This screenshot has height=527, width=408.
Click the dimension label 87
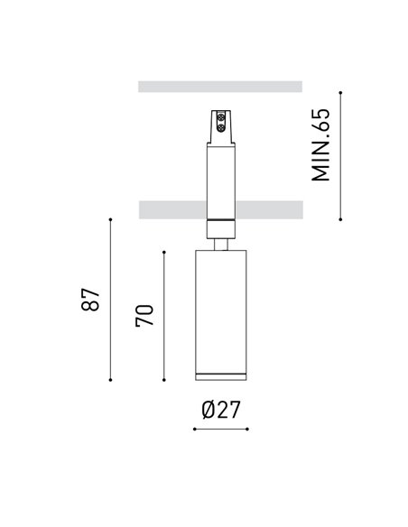[89, 300]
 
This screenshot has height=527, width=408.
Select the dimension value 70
[145, 316]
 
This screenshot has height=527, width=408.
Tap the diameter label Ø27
[220, 409]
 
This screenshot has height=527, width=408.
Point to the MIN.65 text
[322, 145]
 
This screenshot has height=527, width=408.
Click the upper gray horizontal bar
[220, 87]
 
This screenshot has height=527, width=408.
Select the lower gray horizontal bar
[220, 209]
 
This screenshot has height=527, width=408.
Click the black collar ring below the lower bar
[220, 222]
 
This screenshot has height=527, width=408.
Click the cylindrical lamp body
[220, 307]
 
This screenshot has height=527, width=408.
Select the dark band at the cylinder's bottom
[220, 375]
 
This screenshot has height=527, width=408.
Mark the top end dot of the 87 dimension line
[110, 218]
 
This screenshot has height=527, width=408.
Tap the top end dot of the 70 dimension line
[163, 251]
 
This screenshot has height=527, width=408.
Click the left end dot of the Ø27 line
[195, 430]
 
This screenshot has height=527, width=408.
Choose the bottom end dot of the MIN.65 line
[340, 218]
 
